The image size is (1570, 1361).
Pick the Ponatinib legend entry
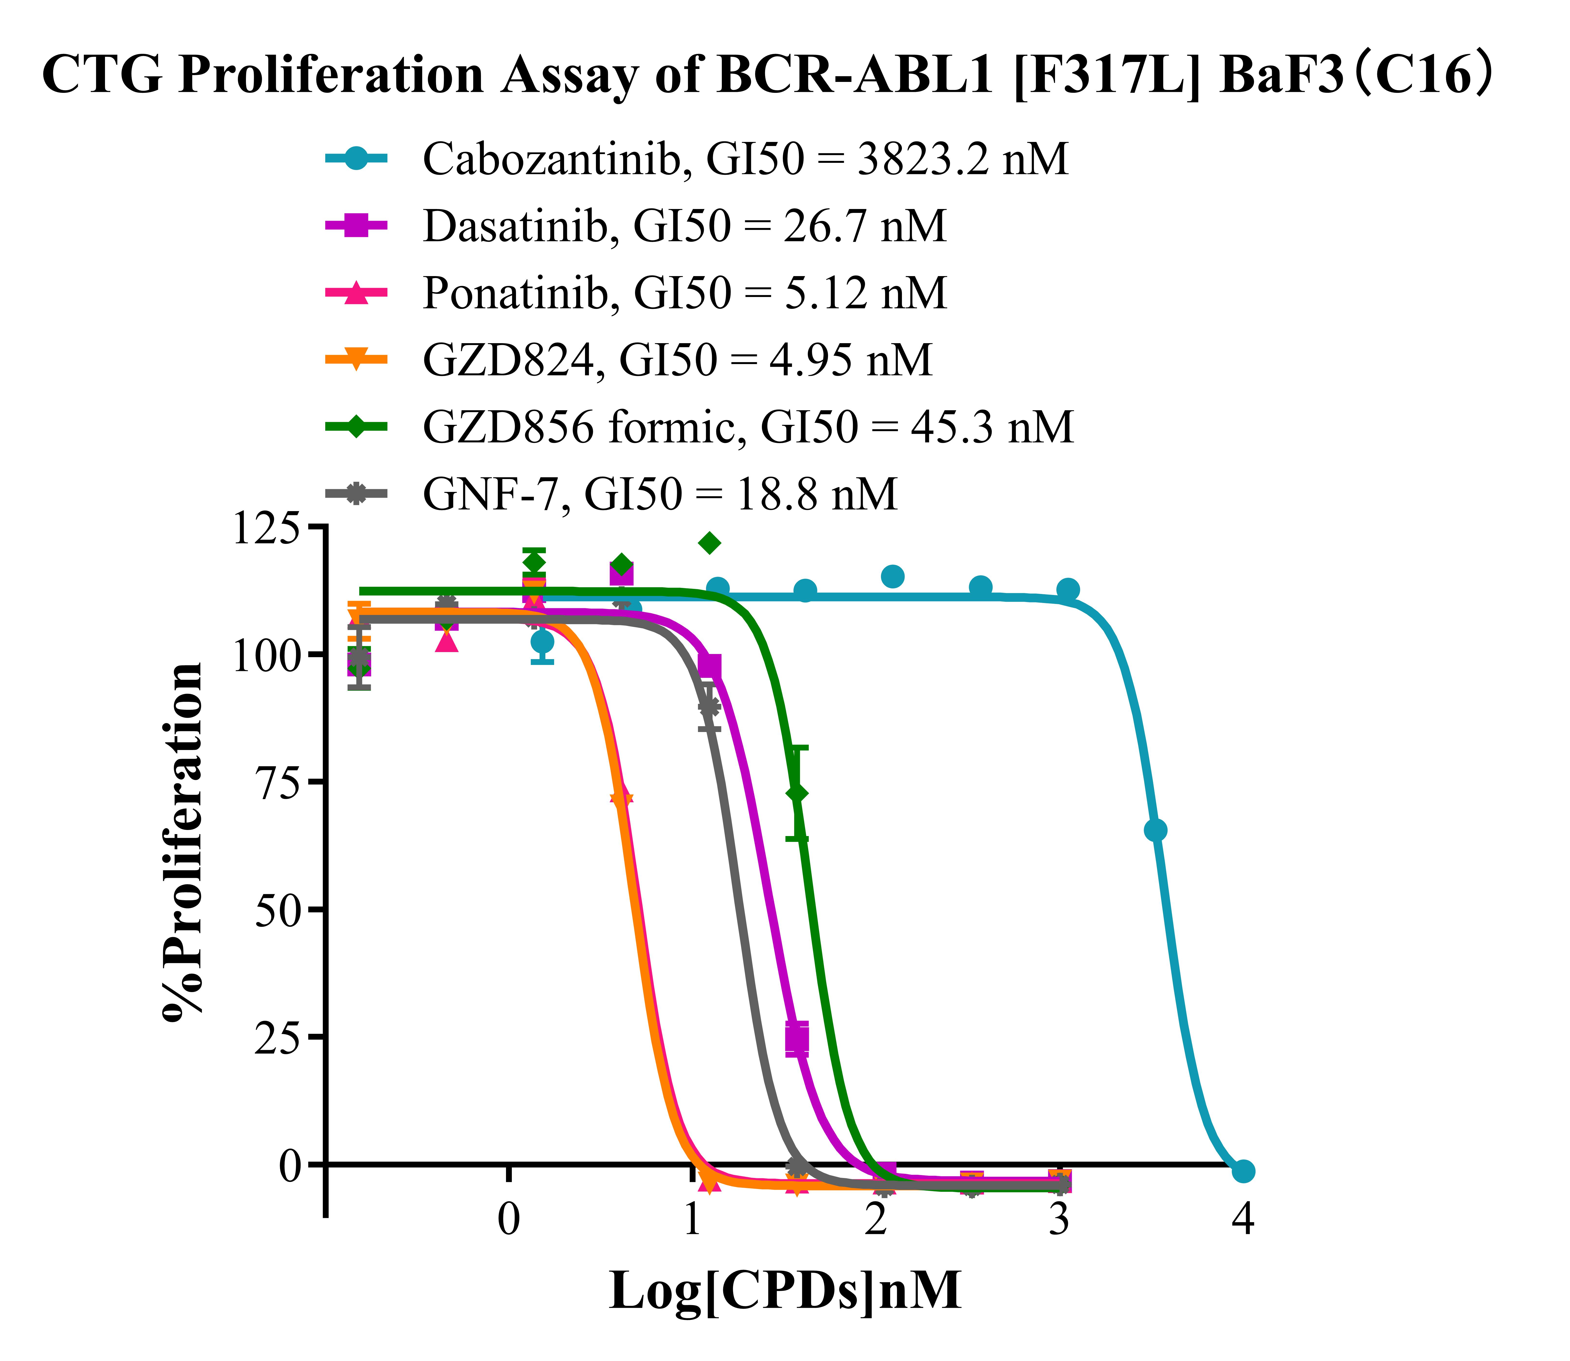click(x=684, y=292)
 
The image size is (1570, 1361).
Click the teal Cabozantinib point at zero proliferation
click(x=1243, y=1171)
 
